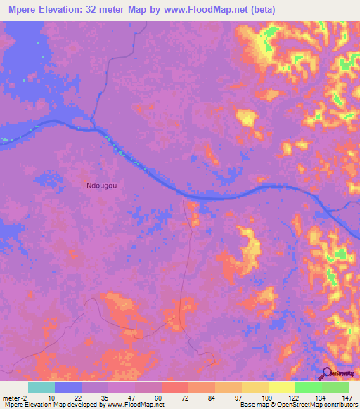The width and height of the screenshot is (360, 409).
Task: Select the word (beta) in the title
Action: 260,10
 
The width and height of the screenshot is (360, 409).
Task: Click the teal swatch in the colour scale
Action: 41,387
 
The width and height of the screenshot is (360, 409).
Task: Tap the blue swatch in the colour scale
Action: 68,387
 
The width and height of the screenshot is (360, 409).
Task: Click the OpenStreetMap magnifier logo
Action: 327,374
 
